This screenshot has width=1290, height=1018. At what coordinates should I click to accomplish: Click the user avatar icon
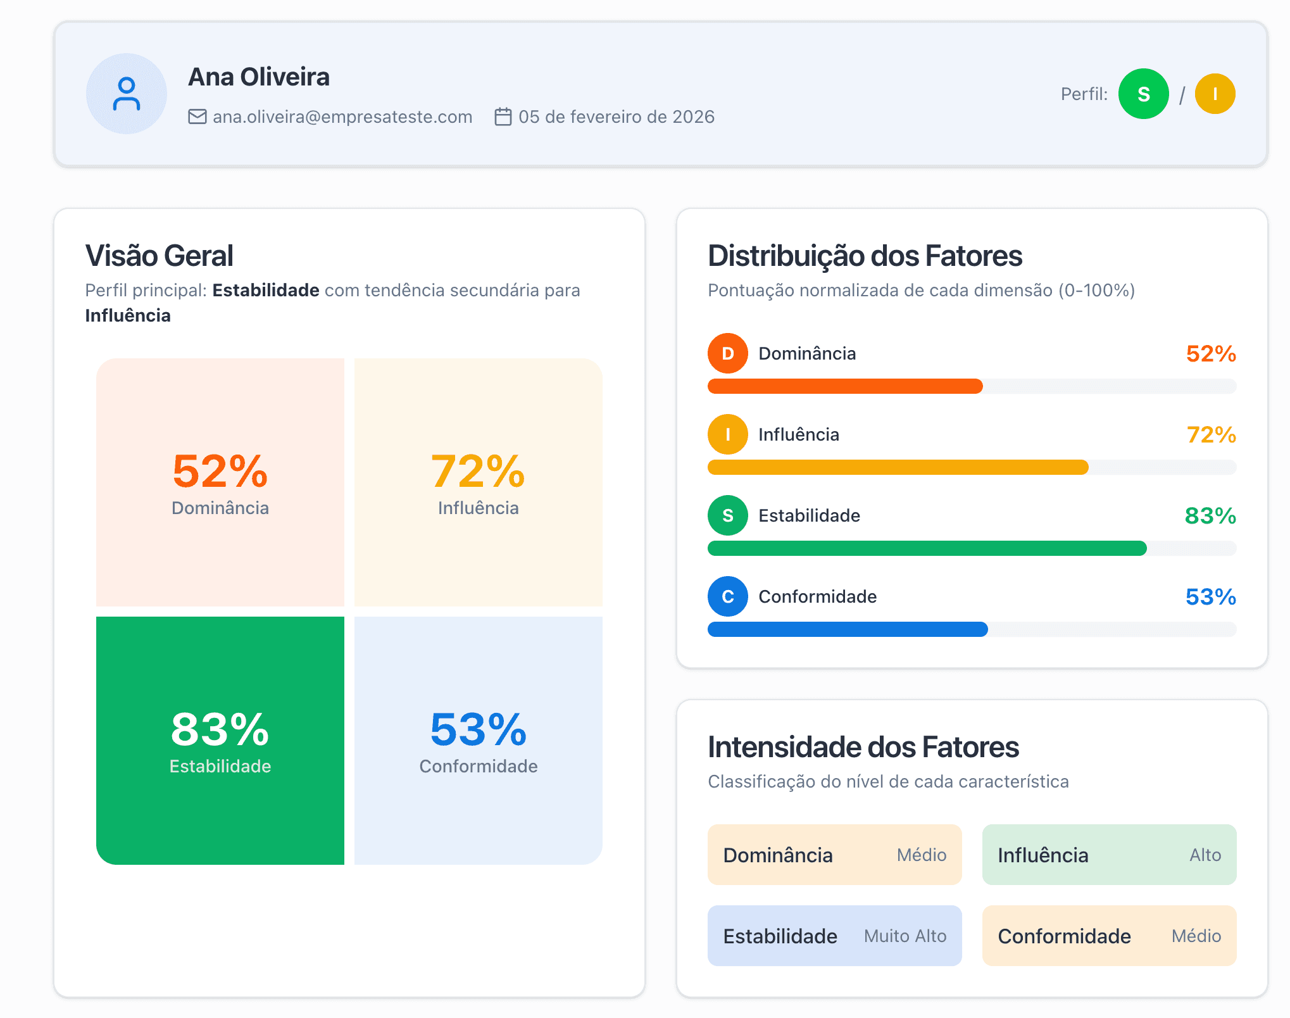(x=127, y=94)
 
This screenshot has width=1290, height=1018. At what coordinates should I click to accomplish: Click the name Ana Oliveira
(x=259, y=77)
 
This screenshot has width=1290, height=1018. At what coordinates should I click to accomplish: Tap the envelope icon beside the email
(x=197, y=117)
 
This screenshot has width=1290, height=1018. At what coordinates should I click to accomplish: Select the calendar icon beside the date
(x=503, y=117)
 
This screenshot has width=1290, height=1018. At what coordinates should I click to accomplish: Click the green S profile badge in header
(x=1143, y=94)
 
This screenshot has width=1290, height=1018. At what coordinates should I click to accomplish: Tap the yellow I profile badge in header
(x=1215, y=94)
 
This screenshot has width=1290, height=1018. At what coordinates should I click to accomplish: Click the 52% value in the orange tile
(x=220, y=472)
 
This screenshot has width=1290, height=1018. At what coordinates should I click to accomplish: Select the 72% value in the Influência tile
(x=478, y=472)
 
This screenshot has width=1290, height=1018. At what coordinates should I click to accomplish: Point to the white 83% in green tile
(x=220, y=729)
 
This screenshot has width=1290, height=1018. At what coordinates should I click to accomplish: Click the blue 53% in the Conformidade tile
(x=478, y=729)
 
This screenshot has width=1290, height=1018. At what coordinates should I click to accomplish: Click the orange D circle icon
(x=728, y=353)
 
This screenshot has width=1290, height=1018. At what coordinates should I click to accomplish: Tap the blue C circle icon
(x=728, y=596)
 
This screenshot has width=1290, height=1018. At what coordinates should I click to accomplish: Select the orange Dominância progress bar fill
(x=845, y=386)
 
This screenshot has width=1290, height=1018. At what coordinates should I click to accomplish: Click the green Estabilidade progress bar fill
(x=927, y=548)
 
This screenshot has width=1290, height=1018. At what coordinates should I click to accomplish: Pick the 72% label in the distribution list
(x=1211, y=435)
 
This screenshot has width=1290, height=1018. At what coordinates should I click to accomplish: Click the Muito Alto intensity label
(x=905, y=936)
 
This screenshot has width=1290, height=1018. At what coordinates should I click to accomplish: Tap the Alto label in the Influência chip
(x=1205, y=855)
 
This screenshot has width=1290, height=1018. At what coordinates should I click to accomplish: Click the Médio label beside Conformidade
(x=1196, y=936)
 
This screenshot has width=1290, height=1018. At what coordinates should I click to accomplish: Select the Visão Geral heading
(x=160, y=256)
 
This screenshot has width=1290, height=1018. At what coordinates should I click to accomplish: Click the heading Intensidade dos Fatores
(x=863, y=747)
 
